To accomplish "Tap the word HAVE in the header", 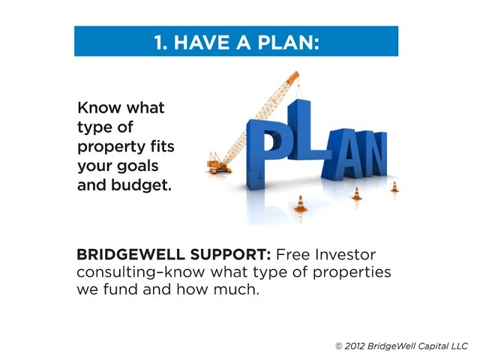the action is point(202,42).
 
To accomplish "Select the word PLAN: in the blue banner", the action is point(289,42).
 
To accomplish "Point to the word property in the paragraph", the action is point(111,148).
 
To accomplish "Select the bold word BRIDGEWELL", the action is point(130,254).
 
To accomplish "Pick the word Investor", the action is point(345,254).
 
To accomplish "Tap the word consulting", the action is point(116,273).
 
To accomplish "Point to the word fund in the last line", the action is point(120,289).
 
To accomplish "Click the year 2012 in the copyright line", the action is point(355,346).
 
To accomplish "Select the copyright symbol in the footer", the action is point(338,346).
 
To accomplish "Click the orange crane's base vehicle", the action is point(218,165).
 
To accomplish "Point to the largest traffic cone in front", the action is point(300,204).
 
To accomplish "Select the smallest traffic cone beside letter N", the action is point(394,187).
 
